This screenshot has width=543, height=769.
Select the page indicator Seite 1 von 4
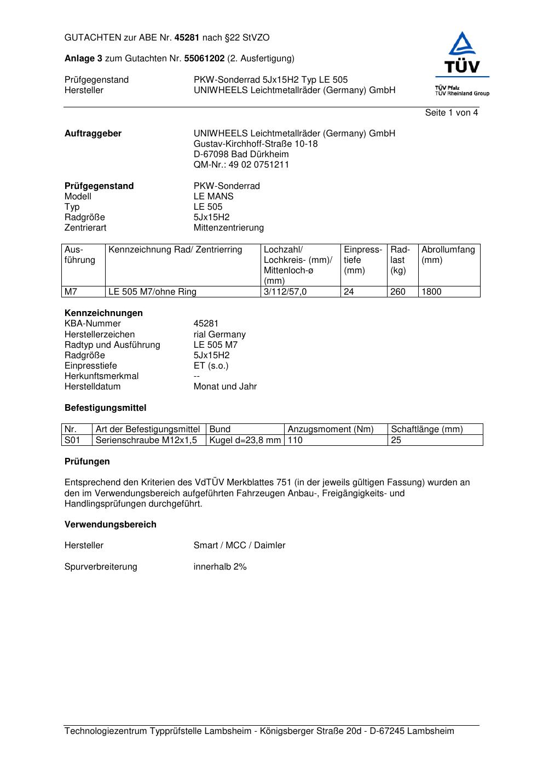pos(451,113)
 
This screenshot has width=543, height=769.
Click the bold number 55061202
pos(204,59)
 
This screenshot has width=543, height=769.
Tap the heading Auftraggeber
pos(93,134)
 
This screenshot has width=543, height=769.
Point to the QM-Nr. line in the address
pos(241,165)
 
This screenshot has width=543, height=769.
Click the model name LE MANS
pos(213,197)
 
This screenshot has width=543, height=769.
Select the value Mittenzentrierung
pos(228,228)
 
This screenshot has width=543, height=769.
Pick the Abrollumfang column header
pos(448,255)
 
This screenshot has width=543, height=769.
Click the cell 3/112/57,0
pos(285,292)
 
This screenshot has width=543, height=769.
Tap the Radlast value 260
pos(397,292)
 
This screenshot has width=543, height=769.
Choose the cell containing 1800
pos(431,292)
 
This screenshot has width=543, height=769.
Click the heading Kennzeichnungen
pos(103,313)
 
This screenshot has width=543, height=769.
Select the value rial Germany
pos(219,335)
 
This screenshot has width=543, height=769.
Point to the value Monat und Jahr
pos(225,387)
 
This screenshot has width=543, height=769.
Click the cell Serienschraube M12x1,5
pos(146,440)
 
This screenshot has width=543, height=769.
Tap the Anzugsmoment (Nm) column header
pos(331,429)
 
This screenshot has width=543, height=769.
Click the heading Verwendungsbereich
pos(111,525)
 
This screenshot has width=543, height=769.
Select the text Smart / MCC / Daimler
pos(239,546)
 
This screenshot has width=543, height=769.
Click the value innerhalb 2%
pos(220,567)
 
